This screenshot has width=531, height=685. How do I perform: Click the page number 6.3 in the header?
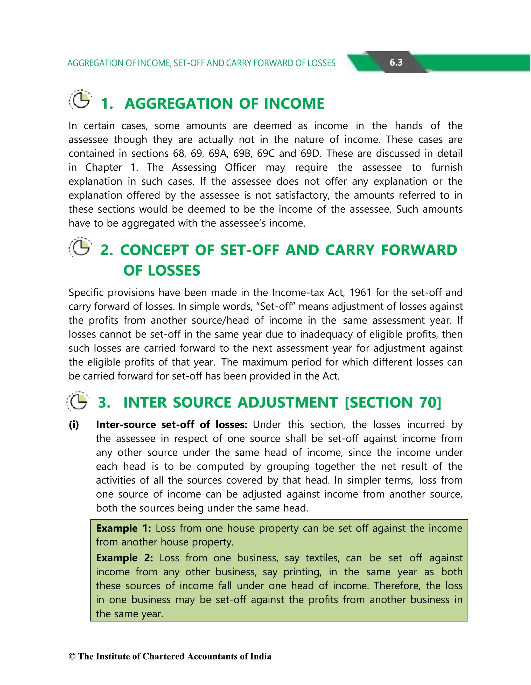(396, 62)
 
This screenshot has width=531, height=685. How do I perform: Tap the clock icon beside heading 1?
(80, 100)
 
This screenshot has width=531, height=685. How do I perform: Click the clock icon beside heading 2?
(80, 247)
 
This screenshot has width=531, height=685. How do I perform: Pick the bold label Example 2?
(124, 558)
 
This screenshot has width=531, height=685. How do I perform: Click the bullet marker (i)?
(74, 425)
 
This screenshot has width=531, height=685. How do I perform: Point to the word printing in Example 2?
(302, 572)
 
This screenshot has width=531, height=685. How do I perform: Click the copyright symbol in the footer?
(72, 656)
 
